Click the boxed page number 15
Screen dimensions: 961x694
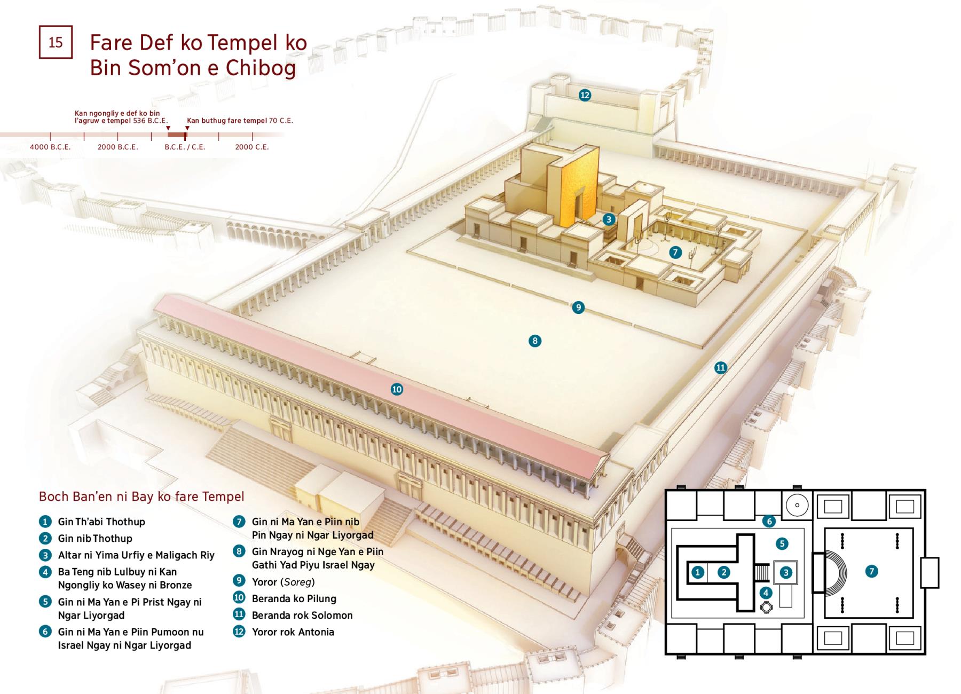[x=56, y=42]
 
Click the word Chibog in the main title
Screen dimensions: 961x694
[x=261, y=68]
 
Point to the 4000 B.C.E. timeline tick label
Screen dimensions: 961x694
[x=50, y=147]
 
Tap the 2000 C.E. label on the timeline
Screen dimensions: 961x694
[x=252, y=147]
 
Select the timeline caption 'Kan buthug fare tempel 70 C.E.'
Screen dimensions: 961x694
[x=240, y=121]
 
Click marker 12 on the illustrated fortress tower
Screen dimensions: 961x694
[x=585, y=95]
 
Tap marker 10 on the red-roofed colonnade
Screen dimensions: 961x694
[x=397, y=389]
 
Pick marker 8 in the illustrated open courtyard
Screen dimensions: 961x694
[x=534, y=341]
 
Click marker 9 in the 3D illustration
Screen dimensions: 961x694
[x=578, y=307]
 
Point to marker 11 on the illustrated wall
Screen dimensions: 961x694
[x=721, y=367]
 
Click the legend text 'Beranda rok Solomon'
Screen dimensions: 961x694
[x=302, y=616]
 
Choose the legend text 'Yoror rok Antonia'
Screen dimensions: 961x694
[x=293, y=632]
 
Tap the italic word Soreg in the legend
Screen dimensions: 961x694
[x=297, y=582]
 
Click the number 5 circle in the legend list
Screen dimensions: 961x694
[x=45, y=602]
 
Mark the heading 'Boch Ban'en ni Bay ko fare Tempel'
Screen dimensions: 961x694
[x=141, y=497]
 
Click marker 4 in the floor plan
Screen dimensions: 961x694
[x=766, y=592]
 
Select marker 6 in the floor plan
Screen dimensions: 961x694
[x=769, y=521]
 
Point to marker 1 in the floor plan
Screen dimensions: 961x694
[x=698, y=572]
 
